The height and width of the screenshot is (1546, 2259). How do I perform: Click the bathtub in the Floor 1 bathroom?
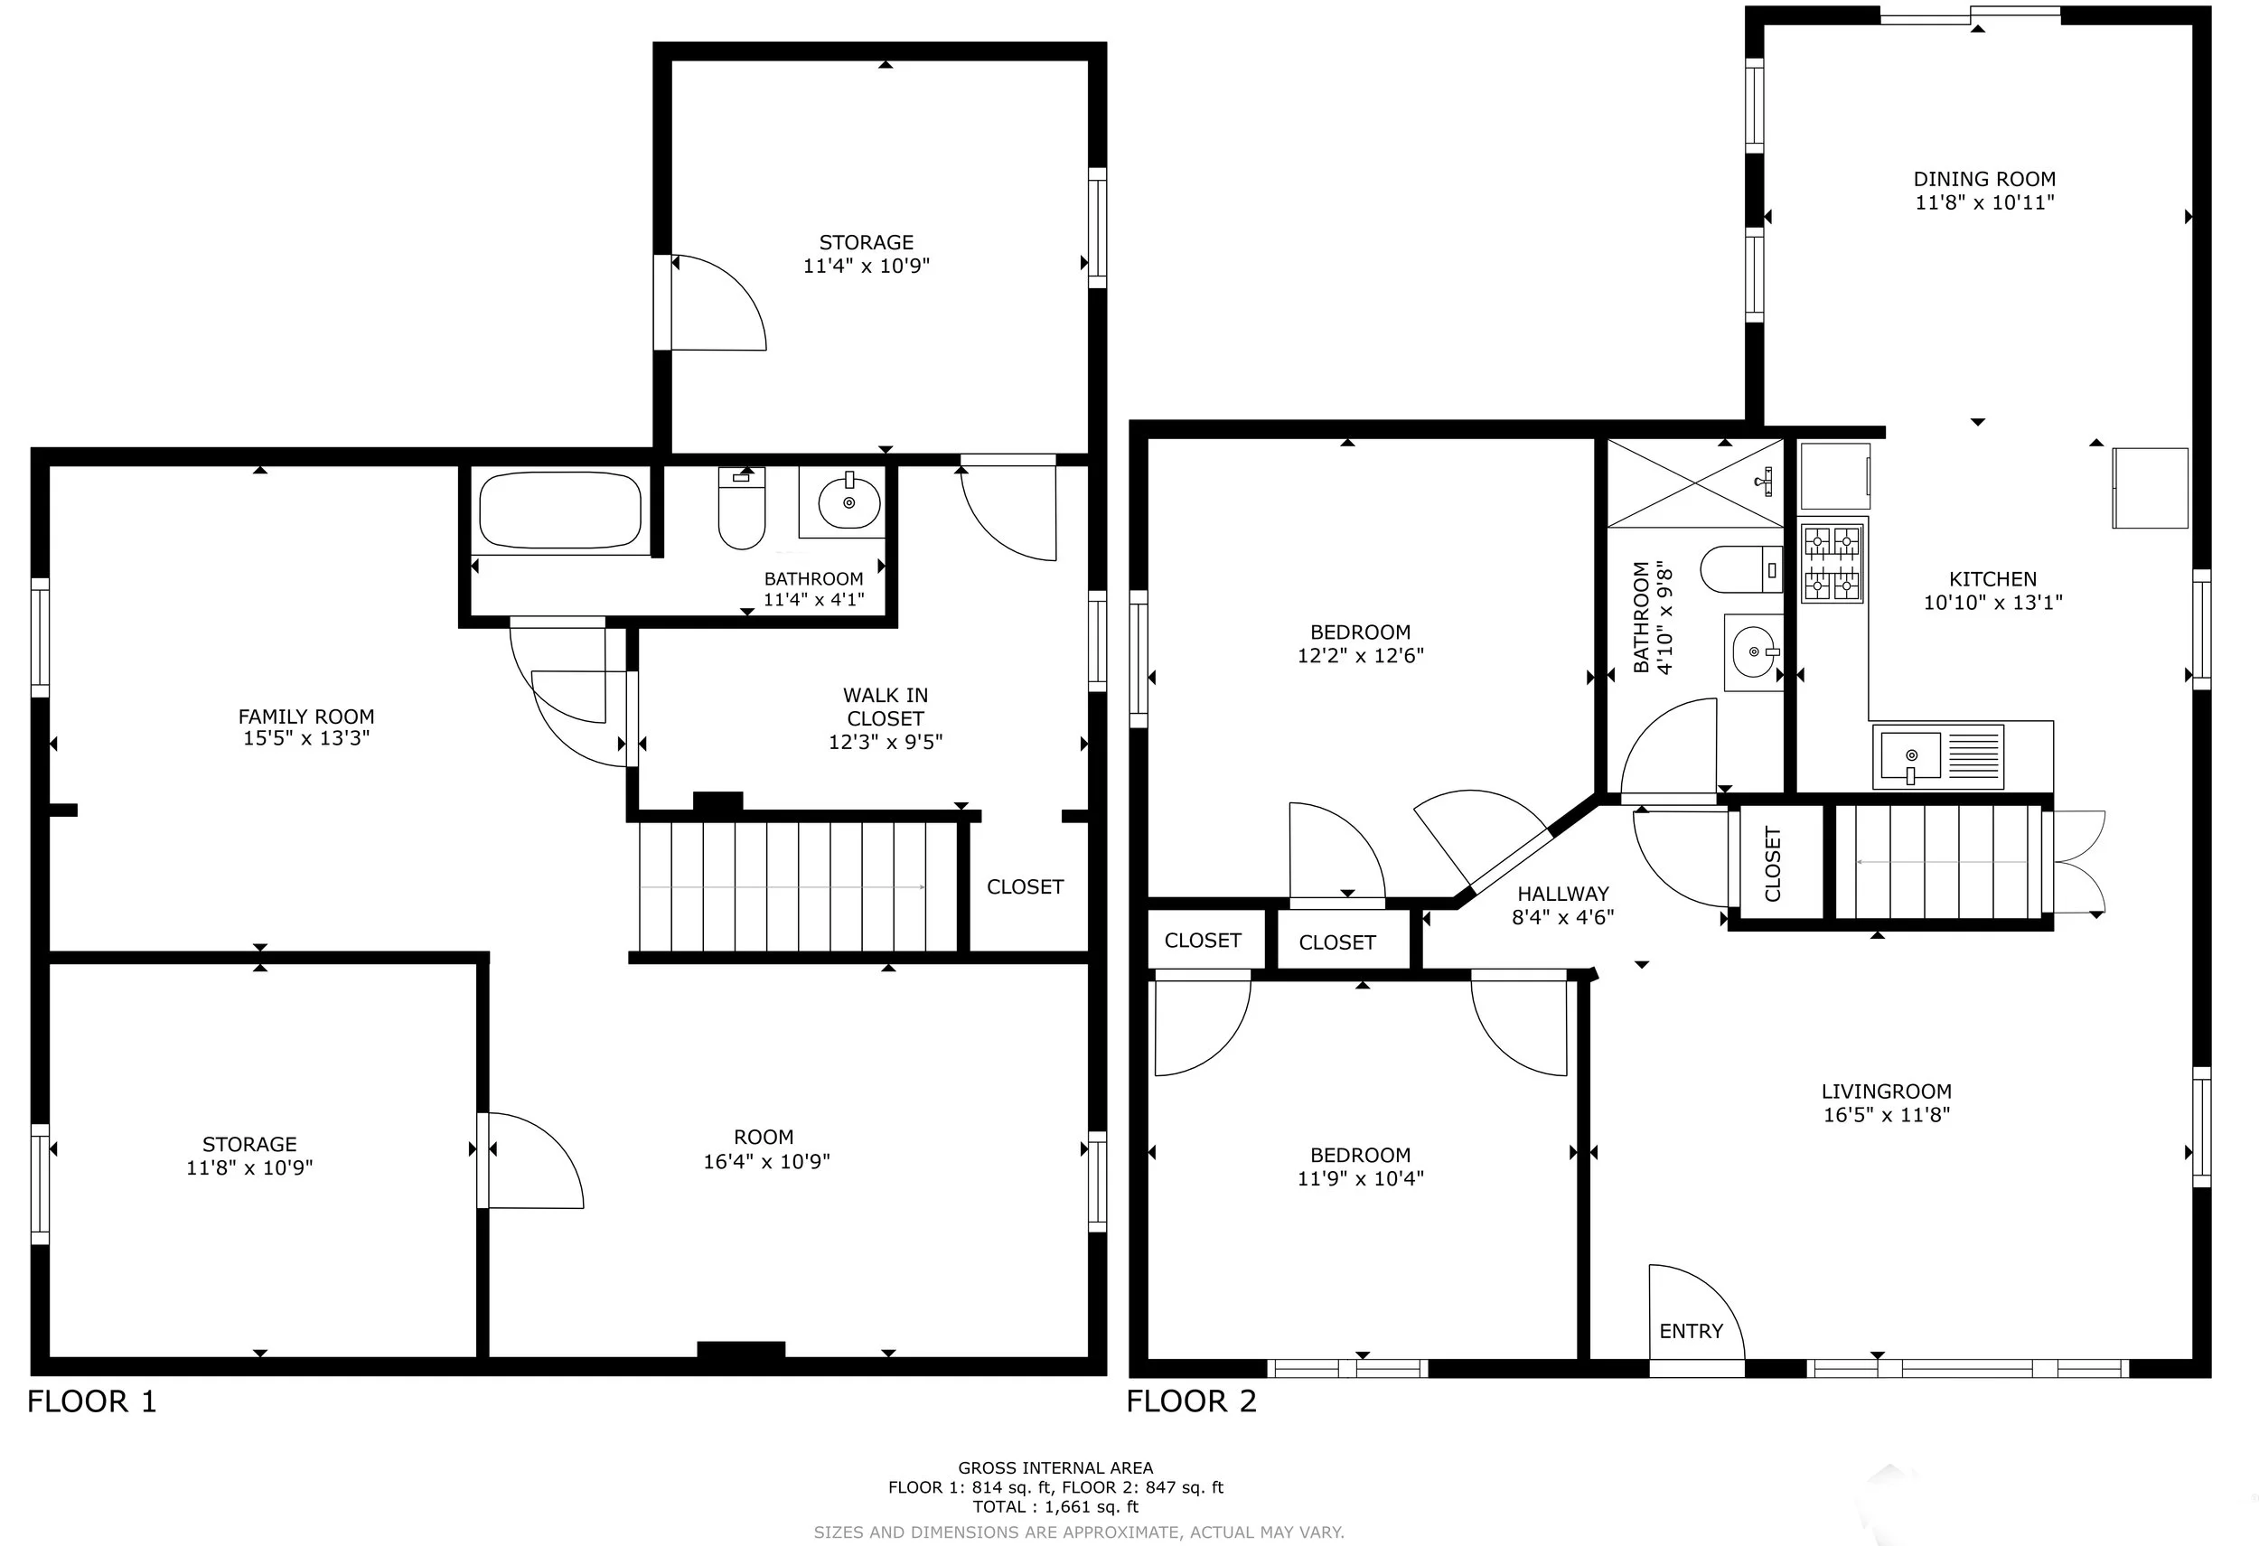(x=561, y=511)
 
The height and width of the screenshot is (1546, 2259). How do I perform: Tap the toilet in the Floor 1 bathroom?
(x=742, y=507)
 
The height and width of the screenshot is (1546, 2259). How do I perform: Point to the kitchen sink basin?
(x=1911, y=755)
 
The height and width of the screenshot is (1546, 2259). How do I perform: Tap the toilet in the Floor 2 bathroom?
(x=1742, y=569)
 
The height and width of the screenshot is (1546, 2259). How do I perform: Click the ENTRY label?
(x=1691, y=1331)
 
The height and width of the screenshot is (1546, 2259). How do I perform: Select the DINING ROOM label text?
(x=1984, y=179)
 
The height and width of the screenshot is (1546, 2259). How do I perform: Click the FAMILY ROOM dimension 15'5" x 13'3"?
(x=306, y=738)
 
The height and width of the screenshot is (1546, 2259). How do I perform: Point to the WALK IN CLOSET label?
(x=886, y=707)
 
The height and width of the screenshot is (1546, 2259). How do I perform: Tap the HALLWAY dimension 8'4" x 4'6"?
(x=1563, y=916)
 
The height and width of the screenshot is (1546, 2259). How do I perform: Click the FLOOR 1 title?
(x=91, y=1401)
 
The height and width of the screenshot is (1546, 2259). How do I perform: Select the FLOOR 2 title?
(x=1192, y=1401)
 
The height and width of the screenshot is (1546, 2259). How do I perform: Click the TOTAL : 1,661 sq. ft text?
(x=1055, y=1507)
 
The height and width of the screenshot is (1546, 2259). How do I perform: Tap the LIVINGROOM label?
(x=1887, y=1092)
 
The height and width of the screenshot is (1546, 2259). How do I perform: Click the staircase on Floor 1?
(x=800, y=886)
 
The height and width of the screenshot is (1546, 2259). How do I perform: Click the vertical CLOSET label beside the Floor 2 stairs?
(x=1772, y=864)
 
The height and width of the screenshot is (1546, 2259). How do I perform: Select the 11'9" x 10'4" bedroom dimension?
(x=1360, y=1178)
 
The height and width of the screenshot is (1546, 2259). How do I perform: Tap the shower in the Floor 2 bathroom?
(x=1695, y=483)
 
